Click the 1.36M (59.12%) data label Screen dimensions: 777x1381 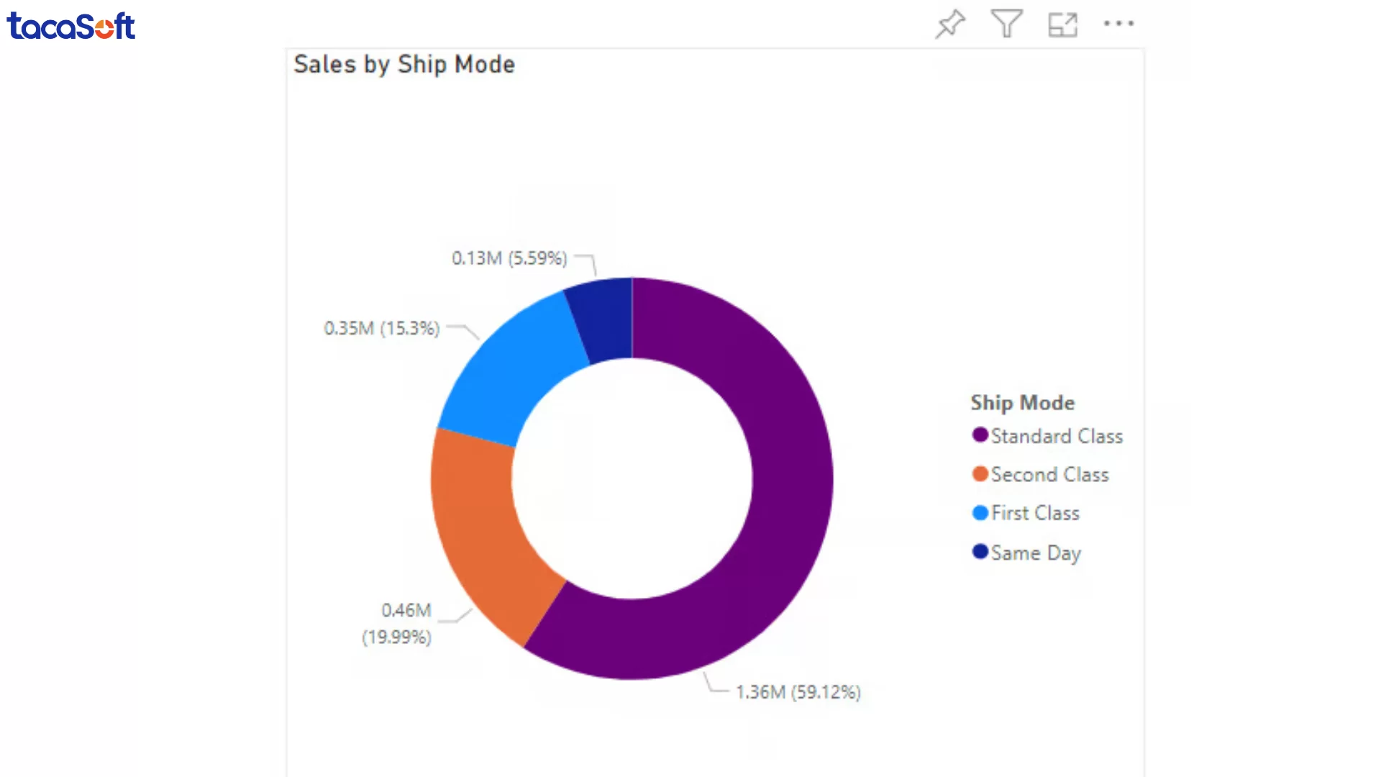(798, 692)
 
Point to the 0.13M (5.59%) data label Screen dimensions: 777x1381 (509, 258)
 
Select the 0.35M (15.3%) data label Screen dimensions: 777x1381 (381, 329)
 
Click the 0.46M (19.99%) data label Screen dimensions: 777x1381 (398, 624)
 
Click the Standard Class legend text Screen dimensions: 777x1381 (1056, 436)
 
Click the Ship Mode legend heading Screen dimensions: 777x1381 (1022, 403)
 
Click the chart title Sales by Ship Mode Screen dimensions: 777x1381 (404, 65)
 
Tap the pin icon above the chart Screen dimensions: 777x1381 (950, 24)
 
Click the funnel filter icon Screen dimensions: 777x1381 (1006, 24)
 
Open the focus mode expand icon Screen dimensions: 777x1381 (1062, 24)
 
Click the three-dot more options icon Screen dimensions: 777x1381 (1118, 24)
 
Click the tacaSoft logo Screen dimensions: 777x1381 (70, 26)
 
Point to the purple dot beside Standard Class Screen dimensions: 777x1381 (980, 435)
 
